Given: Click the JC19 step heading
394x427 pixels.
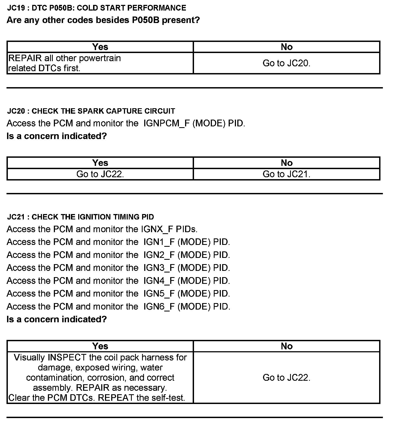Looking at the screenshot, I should point(97,8).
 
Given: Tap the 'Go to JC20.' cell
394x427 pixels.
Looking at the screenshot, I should point(286,63).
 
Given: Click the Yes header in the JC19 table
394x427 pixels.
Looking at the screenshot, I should point(100,47).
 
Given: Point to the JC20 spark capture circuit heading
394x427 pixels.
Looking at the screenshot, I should point(91,111).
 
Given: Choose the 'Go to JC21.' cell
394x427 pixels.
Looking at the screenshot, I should point(286,174).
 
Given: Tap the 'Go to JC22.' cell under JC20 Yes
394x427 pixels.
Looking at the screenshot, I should point(100,174).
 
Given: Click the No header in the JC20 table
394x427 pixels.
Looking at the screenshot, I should point(287,163).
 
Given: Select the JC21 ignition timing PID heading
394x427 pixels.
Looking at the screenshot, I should point(80,217).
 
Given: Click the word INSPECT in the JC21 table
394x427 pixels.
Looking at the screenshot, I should point(67,357).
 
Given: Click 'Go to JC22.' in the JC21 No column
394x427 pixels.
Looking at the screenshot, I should point(286,377).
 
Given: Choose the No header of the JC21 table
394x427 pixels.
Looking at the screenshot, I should point(287,346).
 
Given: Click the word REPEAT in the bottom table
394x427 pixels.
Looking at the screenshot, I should point(116,398).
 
